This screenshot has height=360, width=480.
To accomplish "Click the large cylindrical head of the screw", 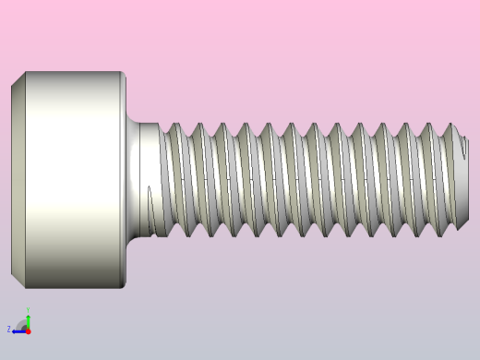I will pyautogui.click(x=69, y=180).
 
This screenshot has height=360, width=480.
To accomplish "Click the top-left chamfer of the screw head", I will pyautogui.click(x=18, y=79).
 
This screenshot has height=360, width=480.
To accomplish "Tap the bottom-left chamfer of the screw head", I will pyautogui.click(x=18, y=280).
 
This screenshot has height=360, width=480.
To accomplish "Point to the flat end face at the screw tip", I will pyautogui.click(x=464, y=180).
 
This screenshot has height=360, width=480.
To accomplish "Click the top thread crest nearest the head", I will pyautogui.click(x=174, y=126).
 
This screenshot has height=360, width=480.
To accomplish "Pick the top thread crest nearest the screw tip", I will pyautogui.click(x=451, y=126).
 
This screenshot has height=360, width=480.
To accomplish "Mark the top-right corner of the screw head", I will pyautogui.click(x=124, y=73).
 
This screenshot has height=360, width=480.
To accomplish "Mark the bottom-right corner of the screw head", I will pyautogui.click(x=124, y=287).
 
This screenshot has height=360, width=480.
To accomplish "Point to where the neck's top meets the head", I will pyautogui.click(x=128, y=122).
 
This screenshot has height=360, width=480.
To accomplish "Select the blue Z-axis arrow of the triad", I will pyautogui.click(x=18, y=330).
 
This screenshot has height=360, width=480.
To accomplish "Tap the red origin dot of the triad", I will pyautogui.click(x=28, y=330).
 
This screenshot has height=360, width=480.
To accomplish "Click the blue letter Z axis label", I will pyautogui.click(x=9, y=329).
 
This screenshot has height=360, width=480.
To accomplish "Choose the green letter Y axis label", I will pyautogui.click(x=28, y=310).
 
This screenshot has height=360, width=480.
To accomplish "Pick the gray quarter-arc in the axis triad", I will pyautogui.click(x=21, y=323).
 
